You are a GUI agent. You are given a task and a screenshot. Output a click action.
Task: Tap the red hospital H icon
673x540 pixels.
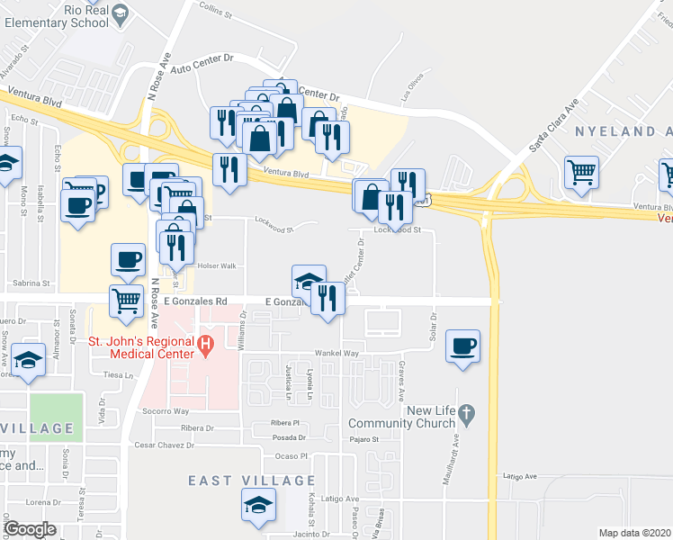(x=205, y=343)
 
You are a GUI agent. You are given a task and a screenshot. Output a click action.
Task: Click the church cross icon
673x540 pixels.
(x=465, y=415)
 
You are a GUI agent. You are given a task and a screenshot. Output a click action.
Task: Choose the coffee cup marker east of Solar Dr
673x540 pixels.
(x=462, y=346)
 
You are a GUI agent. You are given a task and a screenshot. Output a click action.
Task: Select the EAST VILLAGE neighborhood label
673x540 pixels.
(x=251, y=481)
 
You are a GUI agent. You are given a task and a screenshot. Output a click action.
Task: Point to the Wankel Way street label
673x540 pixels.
(x=336, y=354)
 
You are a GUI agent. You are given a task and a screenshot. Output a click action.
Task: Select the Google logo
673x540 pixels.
(x=31, y=529)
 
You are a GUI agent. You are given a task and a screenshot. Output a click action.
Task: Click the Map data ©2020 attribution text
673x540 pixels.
(x=635, y=533)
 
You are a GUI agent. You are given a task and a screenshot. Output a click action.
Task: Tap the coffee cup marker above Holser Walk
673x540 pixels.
(x=128, y=259)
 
